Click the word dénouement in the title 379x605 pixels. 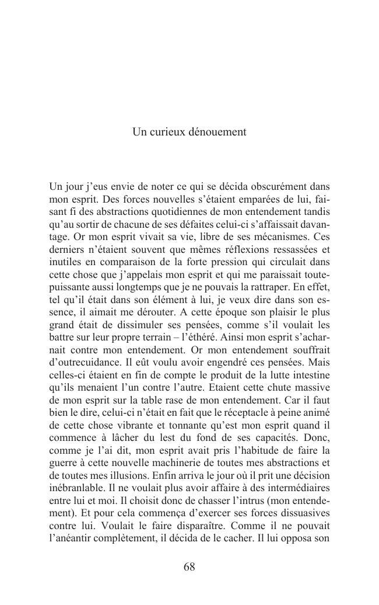[x=217, y=133]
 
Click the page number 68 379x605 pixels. [x=189, y=567]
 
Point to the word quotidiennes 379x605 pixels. [x=167, y=213]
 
